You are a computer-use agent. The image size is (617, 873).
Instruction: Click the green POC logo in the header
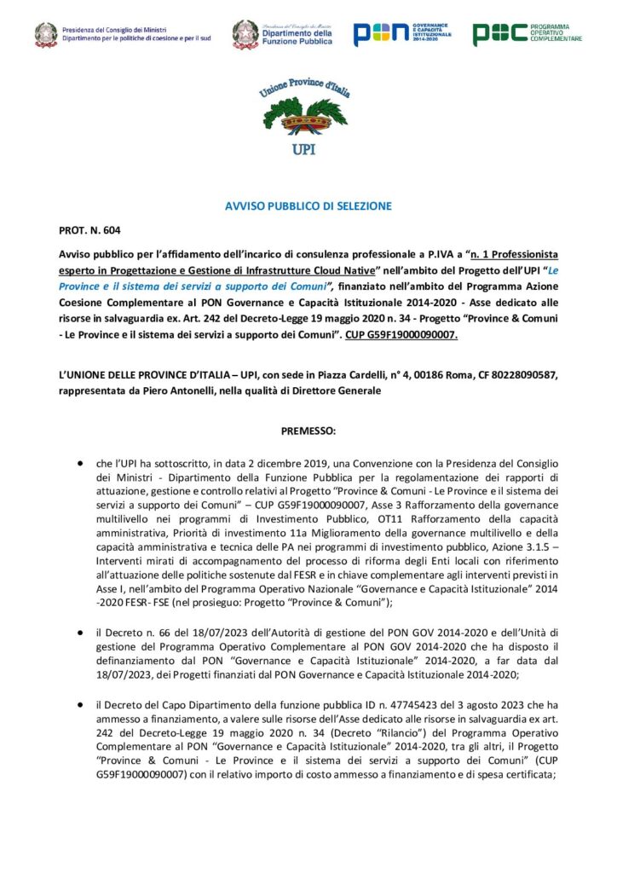[x=528, y=33]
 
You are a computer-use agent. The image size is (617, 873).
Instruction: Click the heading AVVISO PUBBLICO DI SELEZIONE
[x=308, y=207]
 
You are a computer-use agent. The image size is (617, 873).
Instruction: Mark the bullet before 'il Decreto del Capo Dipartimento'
[x=80, y=704]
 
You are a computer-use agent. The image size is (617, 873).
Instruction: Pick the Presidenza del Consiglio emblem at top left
[x=46, y=33]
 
